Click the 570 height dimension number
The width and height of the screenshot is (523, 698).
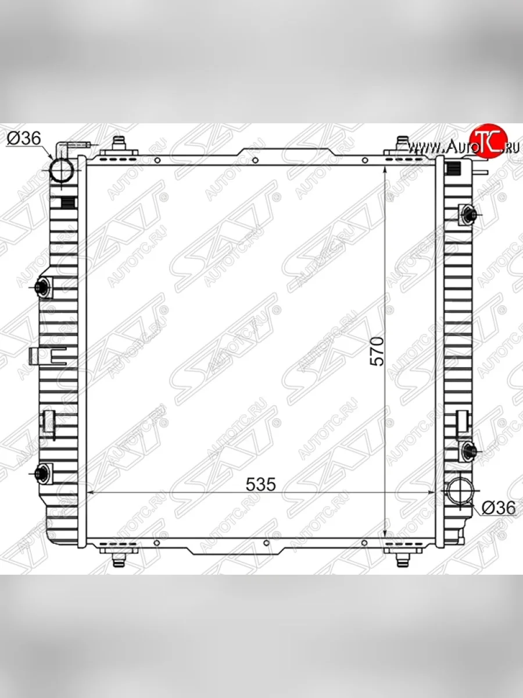pyautogui.click(x=378, y=352)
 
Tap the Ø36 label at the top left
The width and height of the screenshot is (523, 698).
pyautogui.click(x=24, y=139)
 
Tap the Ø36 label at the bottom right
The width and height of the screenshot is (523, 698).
pyautogui.click(x=498, y=516)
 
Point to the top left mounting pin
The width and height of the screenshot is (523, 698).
pyautogui.click(x=119, y=145)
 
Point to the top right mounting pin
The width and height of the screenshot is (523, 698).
pyautogui.click(x=403, y=145)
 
